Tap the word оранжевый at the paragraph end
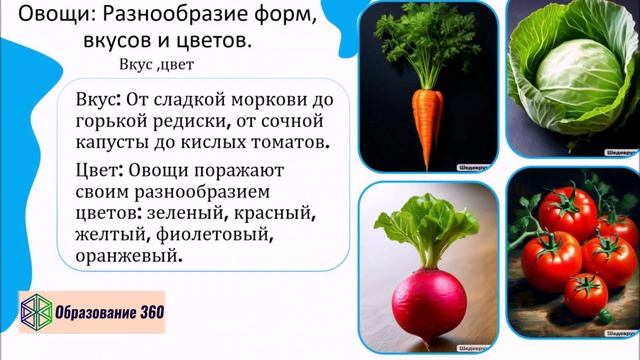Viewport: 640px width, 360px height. click(x=129, y=257)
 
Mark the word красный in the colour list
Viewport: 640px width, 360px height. click(x=276, y=214)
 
